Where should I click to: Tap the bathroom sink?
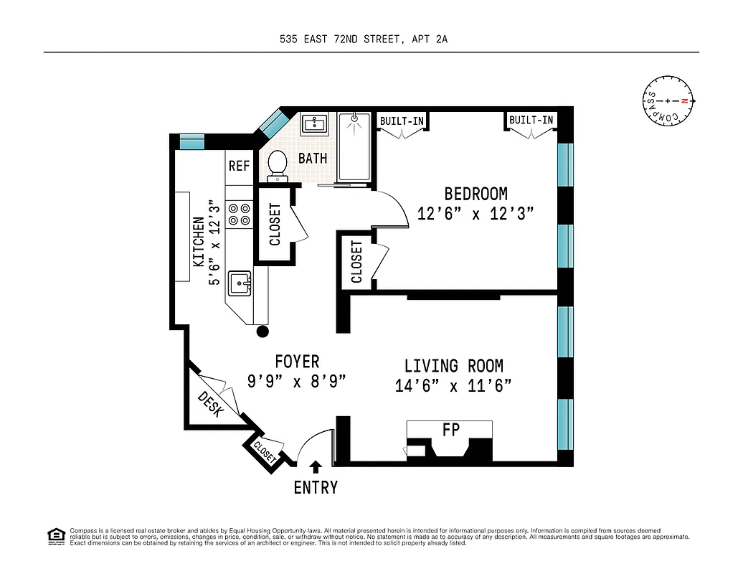click(314, 124)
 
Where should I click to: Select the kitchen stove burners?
click(239, 214)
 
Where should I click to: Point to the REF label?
click(239, 166)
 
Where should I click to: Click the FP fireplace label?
click(451, 429)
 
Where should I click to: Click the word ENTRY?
click(316, 488)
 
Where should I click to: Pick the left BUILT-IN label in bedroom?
click(401, 121)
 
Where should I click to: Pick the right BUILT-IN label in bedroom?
click(531, 121)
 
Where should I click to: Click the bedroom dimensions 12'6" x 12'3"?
click(475, 214)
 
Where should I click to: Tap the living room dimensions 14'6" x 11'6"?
click(453, 386)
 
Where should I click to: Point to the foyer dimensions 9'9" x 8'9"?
click(297, 381)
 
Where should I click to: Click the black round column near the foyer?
click(263, 331)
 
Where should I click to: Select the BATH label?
click(313, 158)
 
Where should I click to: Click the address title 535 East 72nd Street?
click(364, 40)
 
